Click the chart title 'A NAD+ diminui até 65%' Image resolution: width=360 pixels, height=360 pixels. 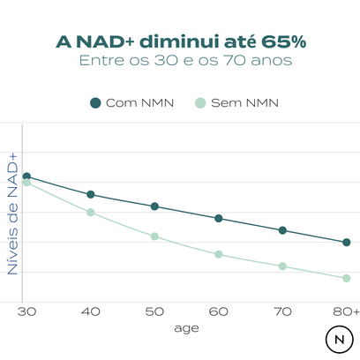click(180, 41)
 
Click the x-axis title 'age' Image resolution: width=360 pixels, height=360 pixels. click(186, 327)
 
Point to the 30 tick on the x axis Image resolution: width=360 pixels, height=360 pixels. click(26, 311)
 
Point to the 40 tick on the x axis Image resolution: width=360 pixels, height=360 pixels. click(90, 311)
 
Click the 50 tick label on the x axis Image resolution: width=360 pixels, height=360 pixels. click(154, 311)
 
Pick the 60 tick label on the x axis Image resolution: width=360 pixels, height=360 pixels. click(218, 311)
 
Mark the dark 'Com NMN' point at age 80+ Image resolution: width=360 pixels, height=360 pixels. click(346, 242)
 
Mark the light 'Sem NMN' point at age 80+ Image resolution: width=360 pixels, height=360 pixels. click(346, 278)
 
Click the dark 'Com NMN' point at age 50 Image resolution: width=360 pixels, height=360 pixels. click(154, 206)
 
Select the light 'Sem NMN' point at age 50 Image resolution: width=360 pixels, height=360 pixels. click(154, 236)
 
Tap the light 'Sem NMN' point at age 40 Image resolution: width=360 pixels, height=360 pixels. click(90, 213)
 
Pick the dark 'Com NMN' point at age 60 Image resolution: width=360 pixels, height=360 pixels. click(218, 218)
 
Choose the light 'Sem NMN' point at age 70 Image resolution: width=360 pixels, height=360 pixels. click(282, 266)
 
